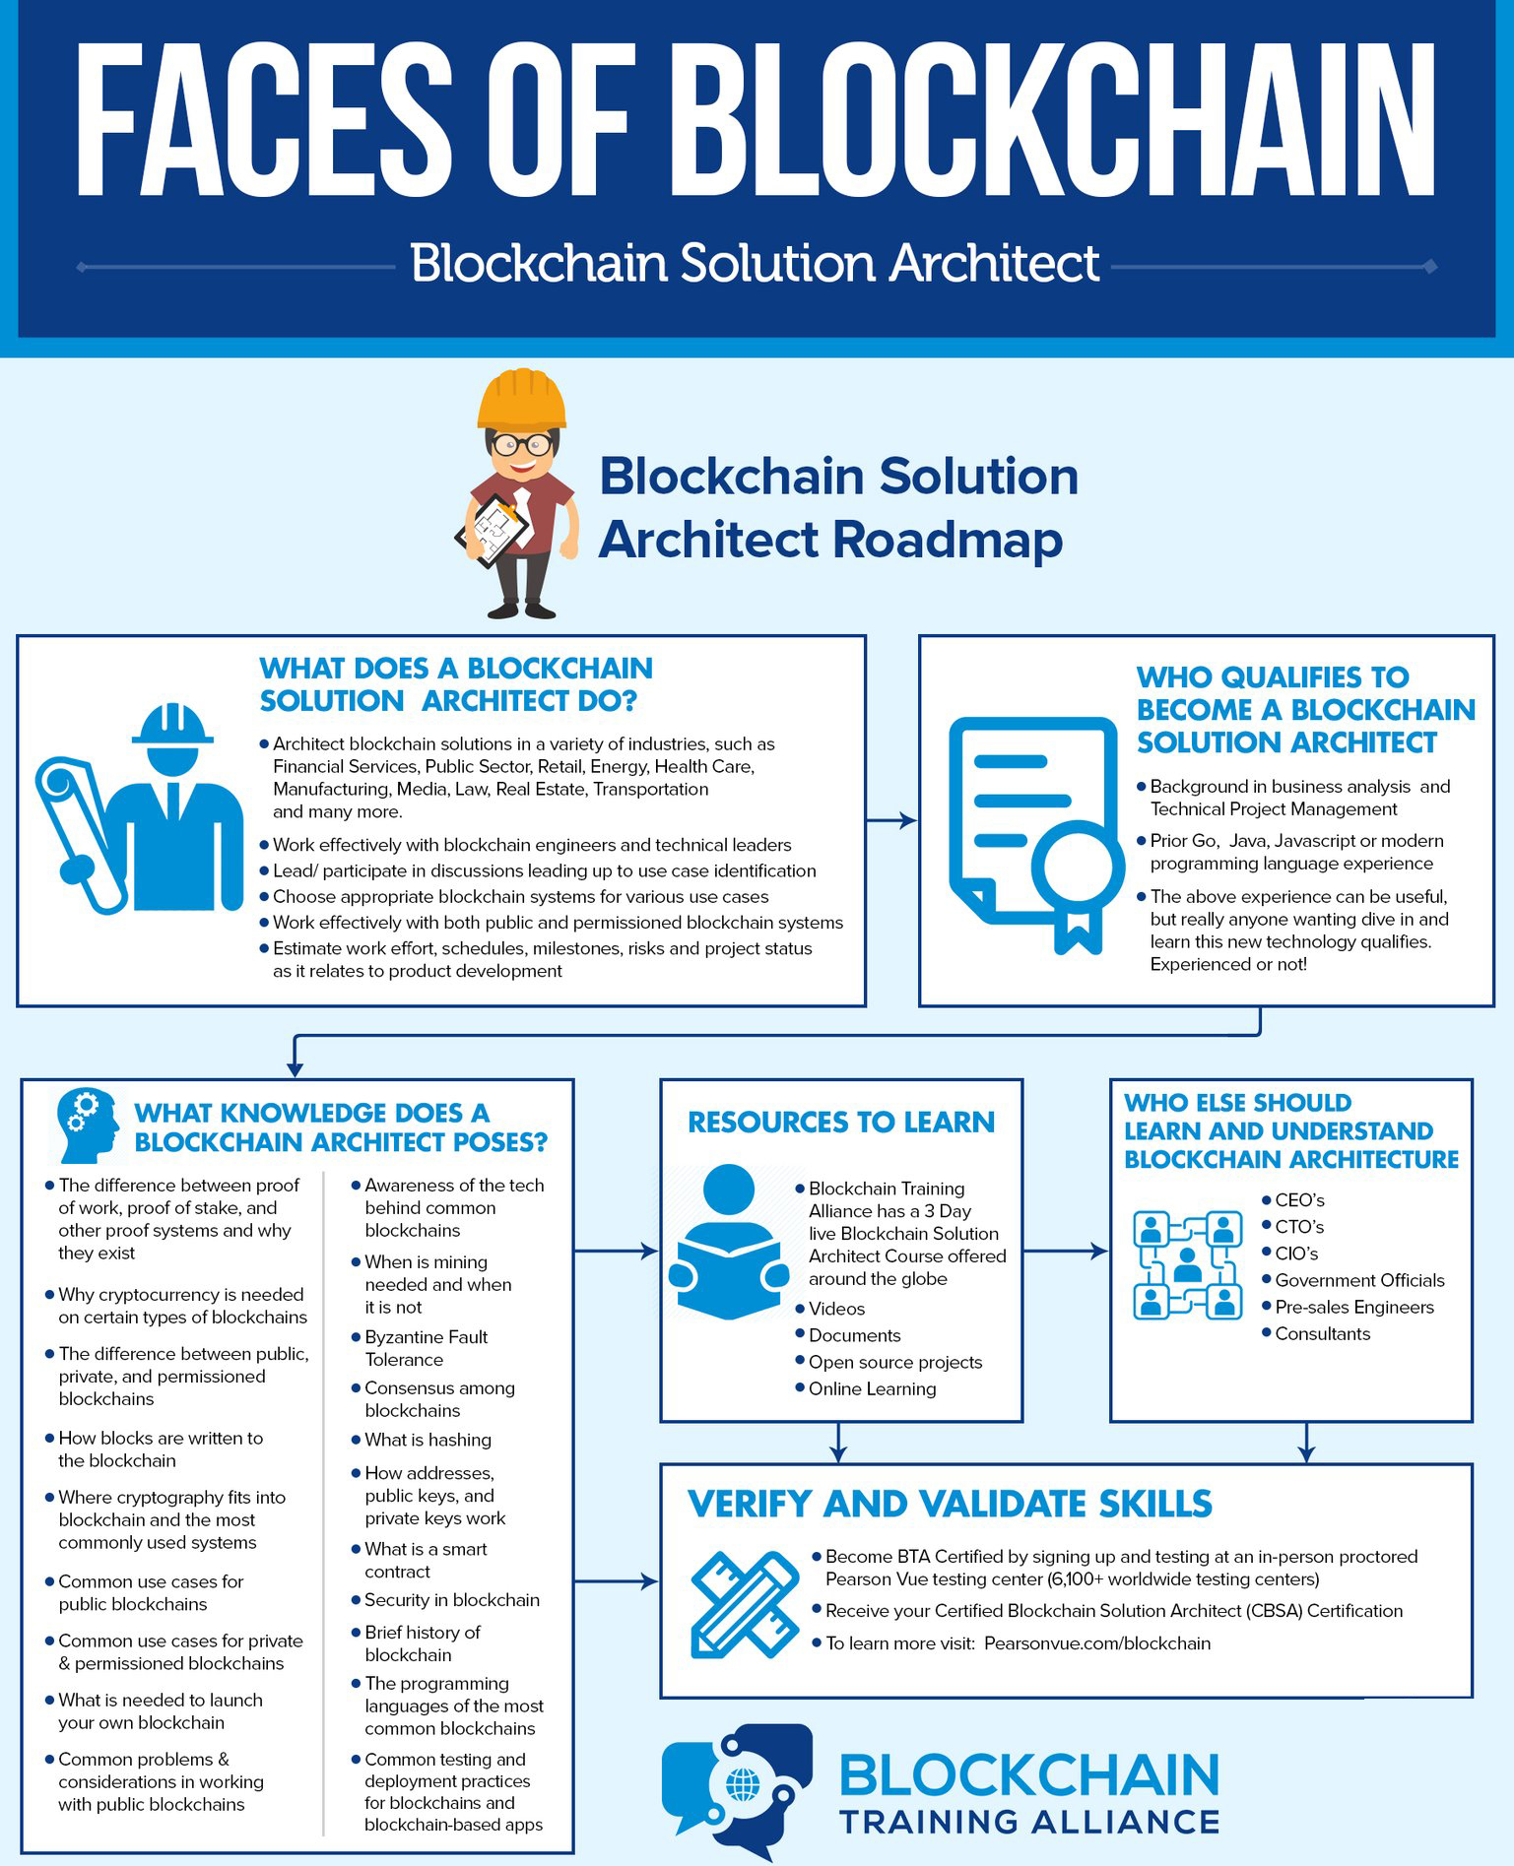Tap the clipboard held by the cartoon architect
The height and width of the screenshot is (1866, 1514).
click(492, 529)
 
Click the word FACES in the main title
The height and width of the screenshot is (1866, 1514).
click(264, 121)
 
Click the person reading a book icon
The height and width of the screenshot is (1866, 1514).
click(729, 1242)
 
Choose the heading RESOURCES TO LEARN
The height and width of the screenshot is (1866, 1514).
click(841, 1122)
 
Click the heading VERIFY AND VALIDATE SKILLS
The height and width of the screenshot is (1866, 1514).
click(950, 1504)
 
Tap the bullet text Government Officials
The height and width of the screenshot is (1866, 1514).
click(1359, 1280)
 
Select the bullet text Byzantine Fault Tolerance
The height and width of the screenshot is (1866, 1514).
click(427, 1348)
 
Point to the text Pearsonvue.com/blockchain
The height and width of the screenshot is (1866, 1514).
click(1097, 1642)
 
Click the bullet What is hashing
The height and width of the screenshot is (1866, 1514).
click(428, 1440)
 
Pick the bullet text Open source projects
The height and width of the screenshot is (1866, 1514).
click(895, 1362)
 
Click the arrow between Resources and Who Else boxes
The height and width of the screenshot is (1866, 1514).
click(1066, 1252)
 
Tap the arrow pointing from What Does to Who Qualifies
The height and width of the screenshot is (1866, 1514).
click(892, 820)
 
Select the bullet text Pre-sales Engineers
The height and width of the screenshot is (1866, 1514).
click(1354, 1307)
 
